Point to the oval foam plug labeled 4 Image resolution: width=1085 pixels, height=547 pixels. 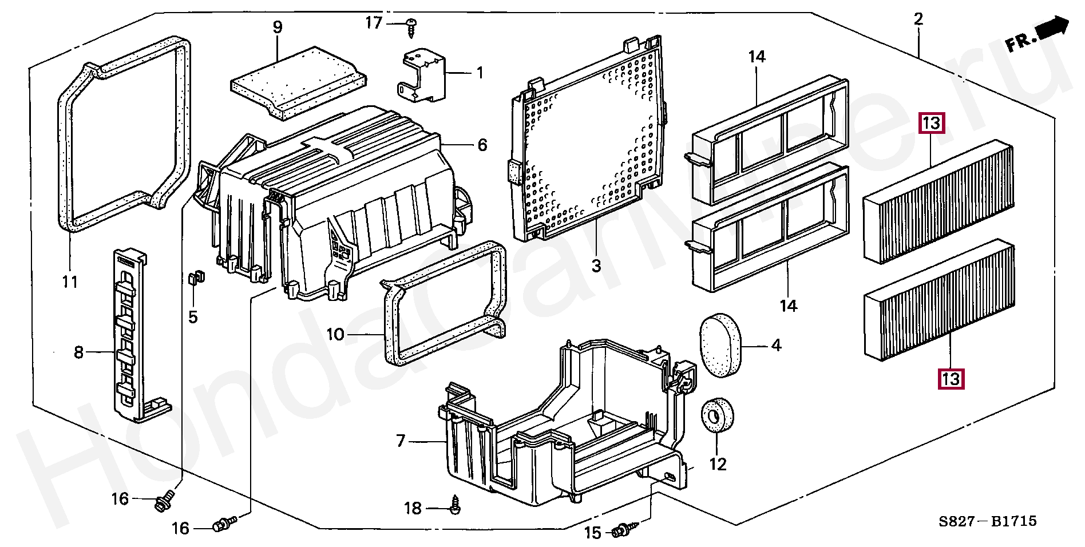[x=720, y=345]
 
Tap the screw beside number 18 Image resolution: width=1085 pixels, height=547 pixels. [x=455, y=506]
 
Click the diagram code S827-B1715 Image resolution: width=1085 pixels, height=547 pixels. [x=987, y=521]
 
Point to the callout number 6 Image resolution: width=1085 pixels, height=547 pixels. [x=482, y=145]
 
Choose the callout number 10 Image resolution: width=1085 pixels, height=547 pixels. [x=335, y=334]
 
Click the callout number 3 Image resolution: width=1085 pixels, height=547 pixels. [x=596, y=265]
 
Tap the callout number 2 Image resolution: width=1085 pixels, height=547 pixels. [x=918, y=19]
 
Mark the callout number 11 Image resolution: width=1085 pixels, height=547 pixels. [x=70, y=282]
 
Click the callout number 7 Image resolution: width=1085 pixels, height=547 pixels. [x=401, y=441]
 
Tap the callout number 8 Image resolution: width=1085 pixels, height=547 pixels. [x=79, y=352]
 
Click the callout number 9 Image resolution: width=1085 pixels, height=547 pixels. [x=278, y=27]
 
